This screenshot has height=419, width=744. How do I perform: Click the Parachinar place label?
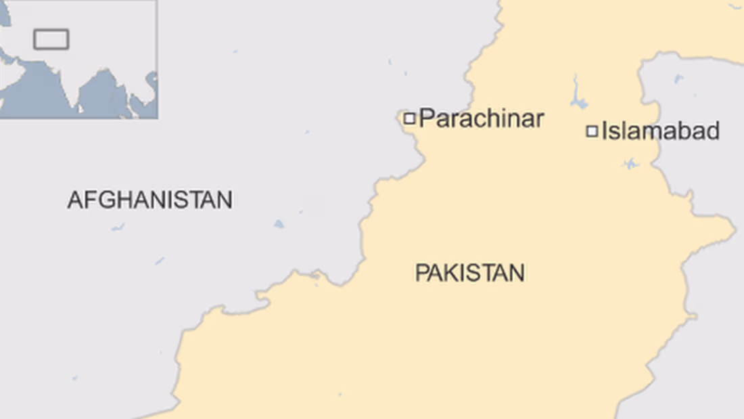[481, 118]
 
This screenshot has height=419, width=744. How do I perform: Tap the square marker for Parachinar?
[409, 118]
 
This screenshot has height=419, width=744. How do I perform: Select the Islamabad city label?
[660, 131]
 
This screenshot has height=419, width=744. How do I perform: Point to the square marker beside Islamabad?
[592, 131]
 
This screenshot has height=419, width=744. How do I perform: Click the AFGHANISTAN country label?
[149, 200]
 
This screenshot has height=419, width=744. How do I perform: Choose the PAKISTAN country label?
[469, 273]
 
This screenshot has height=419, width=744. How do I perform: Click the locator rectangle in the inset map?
[51, 39]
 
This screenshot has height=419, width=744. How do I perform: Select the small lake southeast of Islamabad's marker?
[630, 164]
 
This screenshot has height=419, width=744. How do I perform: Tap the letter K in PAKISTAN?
[448, 273]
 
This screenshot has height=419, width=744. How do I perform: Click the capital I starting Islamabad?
[605, 131]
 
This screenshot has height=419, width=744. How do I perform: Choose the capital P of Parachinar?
[425, 118]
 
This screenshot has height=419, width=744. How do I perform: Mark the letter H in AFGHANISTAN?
[119, 200]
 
